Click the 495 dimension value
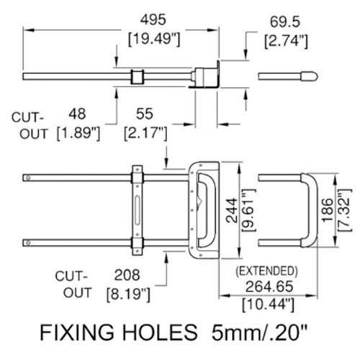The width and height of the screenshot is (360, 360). tap(153, 19)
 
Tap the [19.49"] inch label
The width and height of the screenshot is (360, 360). tap(154, 39)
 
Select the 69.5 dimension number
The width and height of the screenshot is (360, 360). tap(285, 22)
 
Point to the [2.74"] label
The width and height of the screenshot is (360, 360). tap(286, 41)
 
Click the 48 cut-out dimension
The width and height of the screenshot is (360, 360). tap(77, 114)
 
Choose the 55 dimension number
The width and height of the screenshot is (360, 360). tap(145, 114)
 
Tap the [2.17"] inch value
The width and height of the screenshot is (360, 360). tap(145, 133)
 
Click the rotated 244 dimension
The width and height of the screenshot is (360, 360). tap(233, 210)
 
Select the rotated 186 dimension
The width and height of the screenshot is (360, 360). tap(328, 210)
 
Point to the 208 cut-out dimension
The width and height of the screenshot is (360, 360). tap(127, 275)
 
